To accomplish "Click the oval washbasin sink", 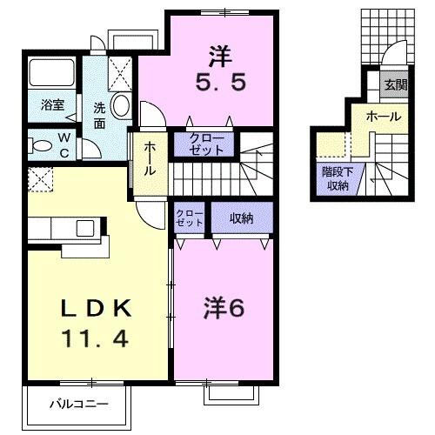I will pos(122,106).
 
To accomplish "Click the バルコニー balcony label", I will pos(78,405).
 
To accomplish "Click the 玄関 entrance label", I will pos(396,84).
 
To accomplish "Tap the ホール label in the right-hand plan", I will pos(383,117).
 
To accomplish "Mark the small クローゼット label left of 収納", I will pos(190,217).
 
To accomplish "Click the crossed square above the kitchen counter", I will pos(40,181).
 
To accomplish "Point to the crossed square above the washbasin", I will pos(121,69).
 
